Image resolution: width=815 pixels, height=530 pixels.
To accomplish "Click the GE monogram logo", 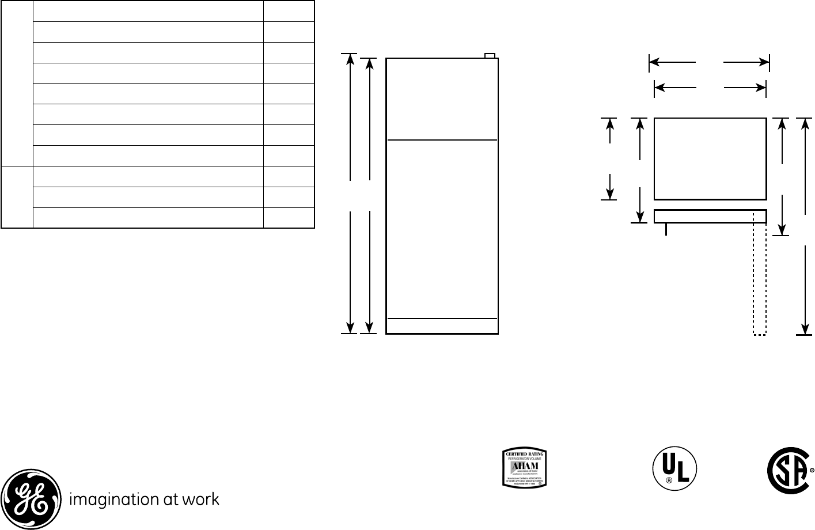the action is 31,499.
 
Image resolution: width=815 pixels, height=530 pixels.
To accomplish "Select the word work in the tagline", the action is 201,499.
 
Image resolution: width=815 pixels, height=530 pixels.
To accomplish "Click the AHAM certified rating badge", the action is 524,468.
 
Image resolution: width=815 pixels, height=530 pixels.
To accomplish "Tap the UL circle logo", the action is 674,469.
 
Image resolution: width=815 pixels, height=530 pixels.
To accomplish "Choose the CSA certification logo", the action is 788,470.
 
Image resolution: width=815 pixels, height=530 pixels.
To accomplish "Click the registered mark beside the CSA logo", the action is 812,470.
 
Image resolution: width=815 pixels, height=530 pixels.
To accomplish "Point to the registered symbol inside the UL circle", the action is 669,480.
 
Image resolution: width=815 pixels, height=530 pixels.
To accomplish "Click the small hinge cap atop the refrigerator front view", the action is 490,55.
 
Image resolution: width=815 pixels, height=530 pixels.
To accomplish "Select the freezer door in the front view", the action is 442,99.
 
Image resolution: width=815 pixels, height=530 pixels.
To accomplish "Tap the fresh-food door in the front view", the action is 442,229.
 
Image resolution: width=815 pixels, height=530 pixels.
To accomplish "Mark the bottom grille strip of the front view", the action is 442,326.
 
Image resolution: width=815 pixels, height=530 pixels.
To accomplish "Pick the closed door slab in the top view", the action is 710,216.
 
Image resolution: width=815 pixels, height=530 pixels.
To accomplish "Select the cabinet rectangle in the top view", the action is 710,158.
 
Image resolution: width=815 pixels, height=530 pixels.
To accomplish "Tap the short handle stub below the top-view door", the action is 666,229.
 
